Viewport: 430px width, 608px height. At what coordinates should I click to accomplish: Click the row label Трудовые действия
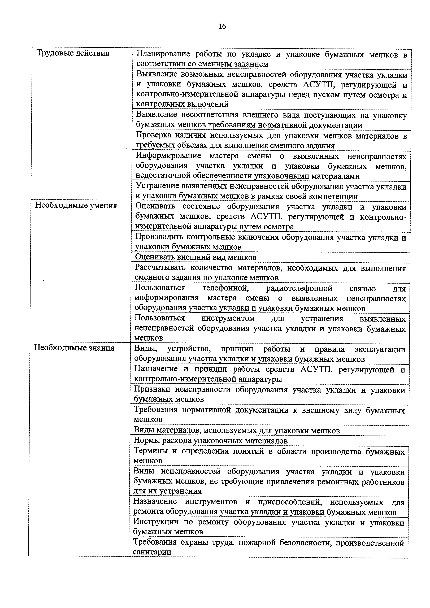(73, 53)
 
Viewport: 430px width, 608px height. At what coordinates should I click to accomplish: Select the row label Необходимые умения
(76, 205)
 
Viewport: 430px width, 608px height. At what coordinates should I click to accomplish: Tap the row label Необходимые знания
(74, 348)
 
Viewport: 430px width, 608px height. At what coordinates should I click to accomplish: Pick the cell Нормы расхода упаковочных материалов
(211, 440)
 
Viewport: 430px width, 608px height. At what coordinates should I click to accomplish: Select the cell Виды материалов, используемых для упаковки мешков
(236, 430)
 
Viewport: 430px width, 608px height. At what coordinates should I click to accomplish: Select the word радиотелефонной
(299, 288)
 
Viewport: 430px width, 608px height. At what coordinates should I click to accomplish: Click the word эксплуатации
(380, 349)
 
